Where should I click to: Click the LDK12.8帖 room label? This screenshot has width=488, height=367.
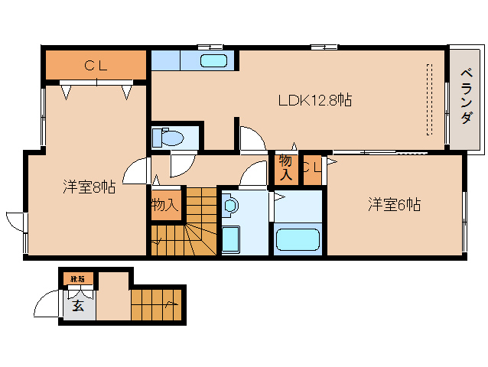(314, 100)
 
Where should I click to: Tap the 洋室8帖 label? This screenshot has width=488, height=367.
(89, 187)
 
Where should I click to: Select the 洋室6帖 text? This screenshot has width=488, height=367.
(394, 204)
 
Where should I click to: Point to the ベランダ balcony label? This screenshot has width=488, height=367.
(466, 96)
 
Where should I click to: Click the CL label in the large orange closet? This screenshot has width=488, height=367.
(96, 66)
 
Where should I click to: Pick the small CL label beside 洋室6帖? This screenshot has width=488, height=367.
(311, 169)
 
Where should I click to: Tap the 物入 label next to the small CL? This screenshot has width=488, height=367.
(285, 167)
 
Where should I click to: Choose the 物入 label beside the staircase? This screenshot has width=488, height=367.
(164, 204)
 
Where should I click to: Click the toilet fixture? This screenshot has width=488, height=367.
(170, 138)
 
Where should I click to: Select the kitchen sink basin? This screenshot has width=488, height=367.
(213, 61)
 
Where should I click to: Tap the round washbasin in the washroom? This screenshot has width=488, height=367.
(231, 205)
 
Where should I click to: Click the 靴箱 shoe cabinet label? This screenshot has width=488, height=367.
(78, 278)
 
